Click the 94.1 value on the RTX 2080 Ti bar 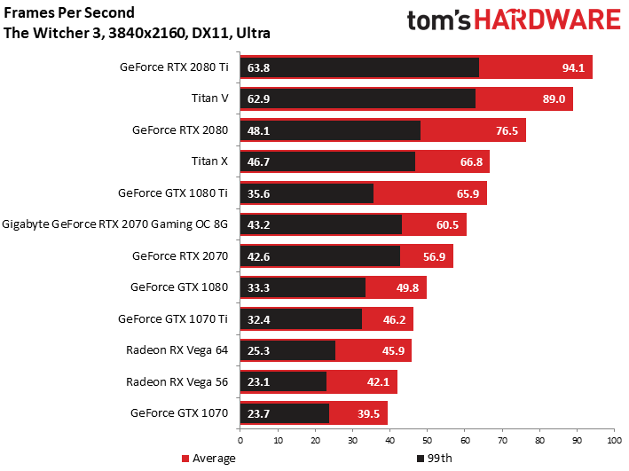(x=571, y=67)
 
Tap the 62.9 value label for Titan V (x=259, y=98)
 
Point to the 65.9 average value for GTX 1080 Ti (x=466, y=192)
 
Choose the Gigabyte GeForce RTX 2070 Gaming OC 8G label (x=115, y=224)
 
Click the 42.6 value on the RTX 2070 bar (x=259, y=255)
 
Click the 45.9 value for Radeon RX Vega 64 (x=390, y=350)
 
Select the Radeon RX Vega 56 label (x=177, y=381)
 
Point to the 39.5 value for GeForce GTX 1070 (x=366, y=413)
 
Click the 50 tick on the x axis (x=427, y=439)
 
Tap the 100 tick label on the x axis (x=613, y=439)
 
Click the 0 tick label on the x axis (x=240, y=439)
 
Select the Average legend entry (x=209, y=459)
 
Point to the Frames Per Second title (x=70, y=13)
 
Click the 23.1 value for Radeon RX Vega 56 (x=259, y=381)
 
